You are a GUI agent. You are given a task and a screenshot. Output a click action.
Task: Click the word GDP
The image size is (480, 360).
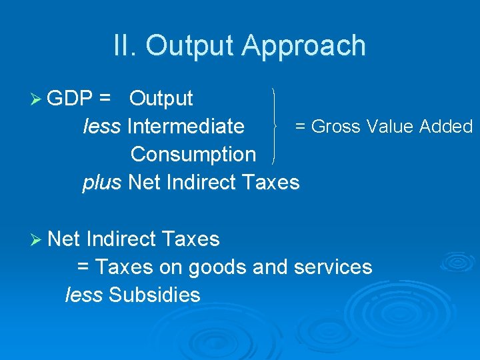70,99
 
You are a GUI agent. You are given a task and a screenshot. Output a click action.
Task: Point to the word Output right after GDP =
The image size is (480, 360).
161,99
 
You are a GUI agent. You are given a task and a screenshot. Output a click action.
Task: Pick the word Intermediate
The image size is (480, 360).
185,126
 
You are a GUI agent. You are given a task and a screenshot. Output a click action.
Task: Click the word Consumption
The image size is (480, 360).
193,154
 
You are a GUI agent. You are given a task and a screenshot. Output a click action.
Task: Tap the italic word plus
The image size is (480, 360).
102,182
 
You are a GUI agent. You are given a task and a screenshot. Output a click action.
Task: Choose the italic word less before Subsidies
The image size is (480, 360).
84,295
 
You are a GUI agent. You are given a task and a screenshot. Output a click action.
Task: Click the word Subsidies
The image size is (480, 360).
154,295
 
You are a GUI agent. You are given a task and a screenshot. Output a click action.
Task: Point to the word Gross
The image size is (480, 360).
335,127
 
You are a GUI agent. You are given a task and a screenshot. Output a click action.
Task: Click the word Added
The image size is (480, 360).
446,127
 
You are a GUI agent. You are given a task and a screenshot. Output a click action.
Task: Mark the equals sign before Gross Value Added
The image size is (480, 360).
301,127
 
